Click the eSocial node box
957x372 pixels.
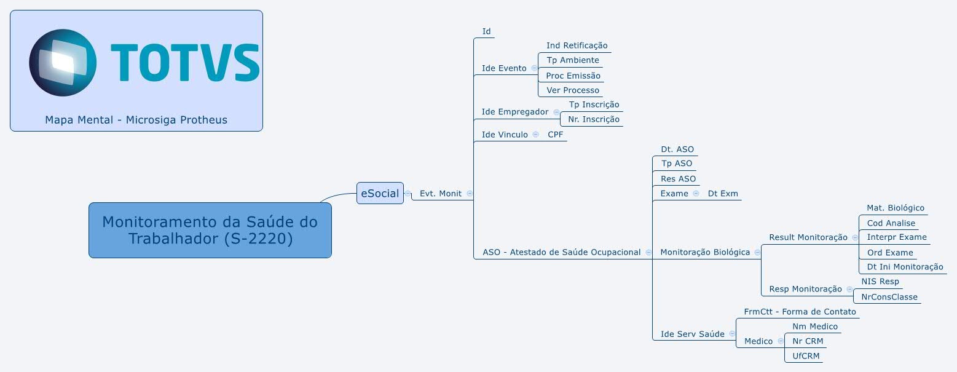(380, 193)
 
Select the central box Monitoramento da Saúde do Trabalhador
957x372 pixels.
(210, 230)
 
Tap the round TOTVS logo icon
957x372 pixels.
(63, 62)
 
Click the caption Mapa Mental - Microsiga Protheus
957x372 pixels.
(136, 120)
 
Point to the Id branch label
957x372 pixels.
(486, 31)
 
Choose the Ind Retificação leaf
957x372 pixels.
(577, 46)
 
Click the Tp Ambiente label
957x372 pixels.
(572, 60)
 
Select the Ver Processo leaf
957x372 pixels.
(572, 90)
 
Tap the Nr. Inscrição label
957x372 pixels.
(593, 119)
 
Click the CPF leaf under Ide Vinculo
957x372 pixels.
(555, 135)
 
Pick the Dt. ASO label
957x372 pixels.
(677, 149)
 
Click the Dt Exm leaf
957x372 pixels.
(723, 194)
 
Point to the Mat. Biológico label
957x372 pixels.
(895, 208)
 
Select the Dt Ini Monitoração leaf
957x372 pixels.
(904, 267)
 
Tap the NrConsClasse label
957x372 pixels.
(889, 297)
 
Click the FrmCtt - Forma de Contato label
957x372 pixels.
(799, 312)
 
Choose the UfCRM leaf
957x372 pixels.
(806, 356)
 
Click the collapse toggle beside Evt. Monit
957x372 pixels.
(470, 193)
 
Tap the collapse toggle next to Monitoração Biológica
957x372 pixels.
(757, 252)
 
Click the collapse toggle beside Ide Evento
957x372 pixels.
(534, 68)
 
